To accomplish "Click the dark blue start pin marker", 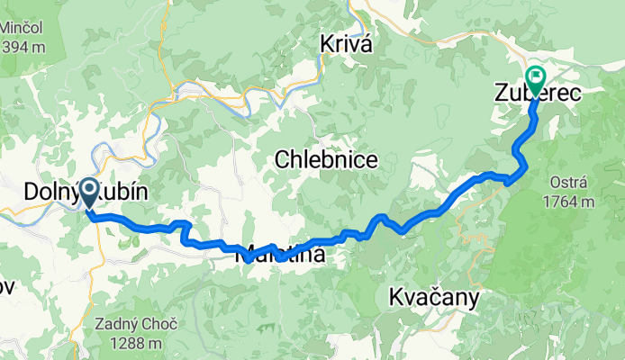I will (90, 193).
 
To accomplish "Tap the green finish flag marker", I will (534, 79).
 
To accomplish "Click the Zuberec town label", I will (537, 92).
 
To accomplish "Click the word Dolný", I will (50, 192).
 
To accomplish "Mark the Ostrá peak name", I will (568, 183).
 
